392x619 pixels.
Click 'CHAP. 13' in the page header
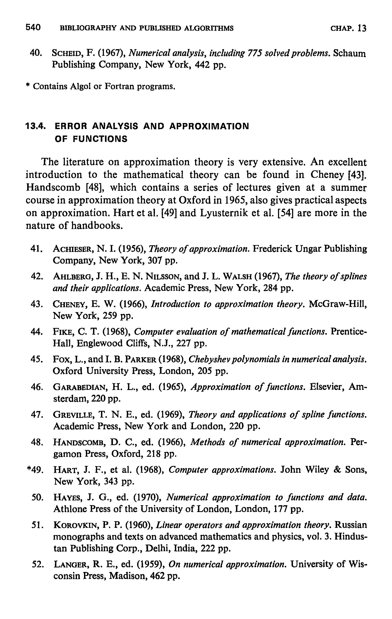pos(348,28)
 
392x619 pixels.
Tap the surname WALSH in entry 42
pos(238,277)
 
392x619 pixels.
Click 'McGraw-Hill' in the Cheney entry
pos(337,304)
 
